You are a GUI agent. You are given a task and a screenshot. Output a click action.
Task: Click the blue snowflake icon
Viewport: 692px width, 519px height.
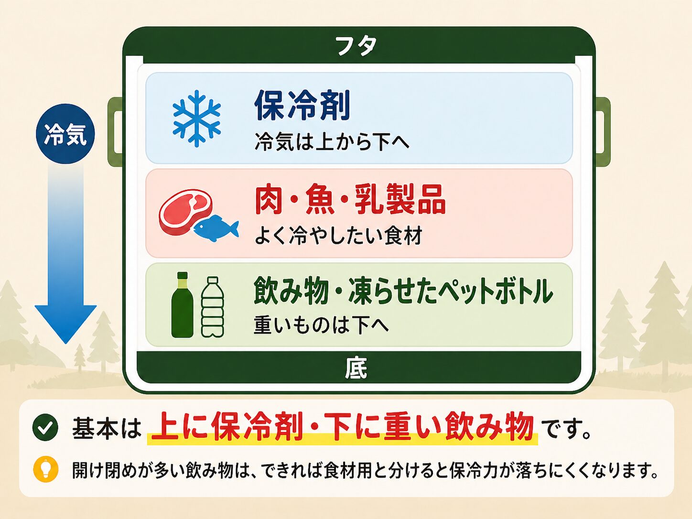(196, 118)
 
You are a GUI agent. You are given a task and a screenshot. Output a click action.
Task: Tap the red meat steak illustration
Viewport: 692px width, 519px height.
(185, 211)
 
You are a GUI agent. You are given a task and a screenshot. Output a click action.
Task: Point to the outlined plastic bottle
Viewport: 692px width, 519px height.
(213, 307)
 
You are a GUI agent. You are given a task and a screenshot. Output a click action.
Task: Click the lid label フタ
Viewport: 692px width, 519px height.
(356, 46)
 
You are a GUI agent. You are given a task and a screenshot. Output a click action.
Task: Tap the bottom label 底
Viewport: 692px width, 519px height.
(356, 368)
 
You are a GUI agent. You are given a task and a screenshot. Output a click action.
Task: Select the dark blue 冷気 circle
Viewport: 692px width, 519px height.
(65, 134)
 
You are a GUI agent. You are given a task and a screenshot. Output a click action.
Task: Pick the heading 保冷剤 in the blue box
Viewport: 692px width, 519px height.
(303, 105)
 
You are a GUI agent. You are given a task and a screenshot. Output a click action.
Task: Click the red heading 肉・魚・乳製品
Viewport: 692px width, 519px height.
(350, 200)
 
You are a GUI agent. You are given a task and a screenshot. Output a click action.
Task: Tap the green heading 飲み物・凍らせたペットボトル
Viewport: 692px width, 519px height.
(403, 291)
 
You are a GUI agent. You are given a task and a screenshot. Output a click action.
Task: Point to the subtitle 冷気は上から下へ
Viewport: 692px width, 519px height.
(332, 142)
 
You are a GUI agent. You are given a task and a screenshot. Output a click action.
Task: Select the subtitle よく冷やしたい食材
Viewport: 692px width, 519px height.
(338, 236)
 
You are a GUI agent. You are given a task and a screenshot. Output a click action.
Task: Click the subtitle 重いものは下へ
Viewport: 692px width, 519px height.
(321, 325)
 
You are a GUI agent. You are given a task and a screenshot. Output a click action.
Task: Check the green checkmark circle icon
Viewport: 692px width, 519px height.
(45, 427)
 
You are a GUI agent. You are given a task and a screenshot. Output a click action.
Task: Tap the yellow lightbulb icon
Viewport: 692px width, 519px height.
(46, 469)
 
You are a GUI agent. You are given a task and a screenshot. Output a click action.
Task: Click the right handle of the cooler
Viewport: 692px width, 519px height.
(603, 131)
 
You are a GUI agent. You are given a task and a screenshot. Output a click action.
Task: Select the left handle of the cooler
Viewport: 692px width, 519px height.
(115, 131)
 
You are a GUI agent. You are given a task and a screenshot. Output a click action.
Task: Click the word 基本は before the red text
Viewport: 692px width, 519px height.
(107, 428)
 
